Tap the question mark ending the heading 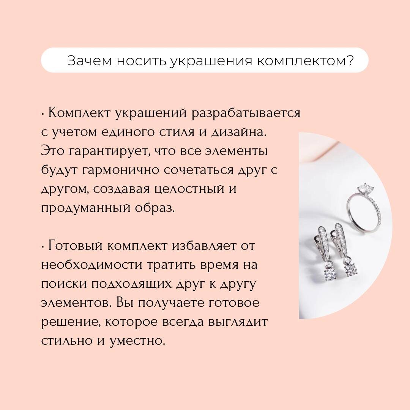click(x=352, y=61)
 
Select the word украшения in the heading click(x=212, y=61)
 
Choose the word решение click(x=70, y=322)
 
